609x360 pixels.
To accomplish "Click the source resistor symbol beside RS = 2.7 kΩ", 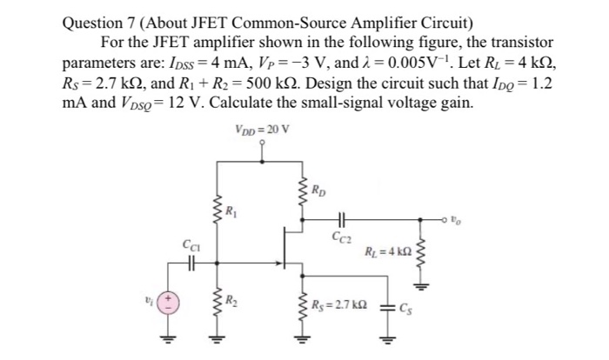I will [305, 305].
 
